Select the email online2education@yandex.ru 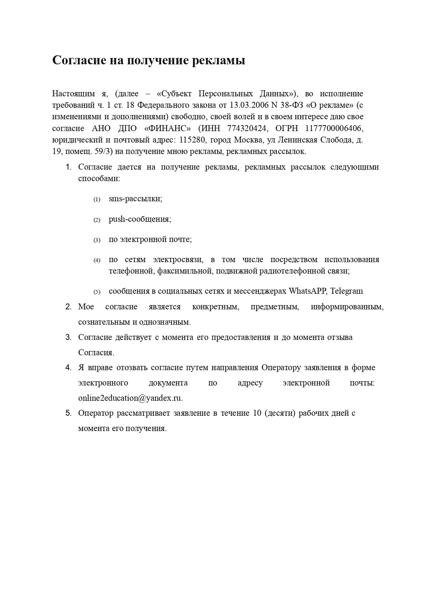click(x=130, y=398)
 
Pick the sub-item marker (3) click(x=97, y=240)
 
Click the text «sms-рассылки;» click(x=135, y=199)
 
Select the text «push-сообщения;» click(x=140, y=219)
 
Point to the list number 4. click(x=68, y=368)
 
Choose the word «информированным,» click(x=347, y=307)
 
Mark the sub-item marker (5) click(x=97, y=292)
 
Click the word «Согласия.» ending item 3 click(x=96, y=352)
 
